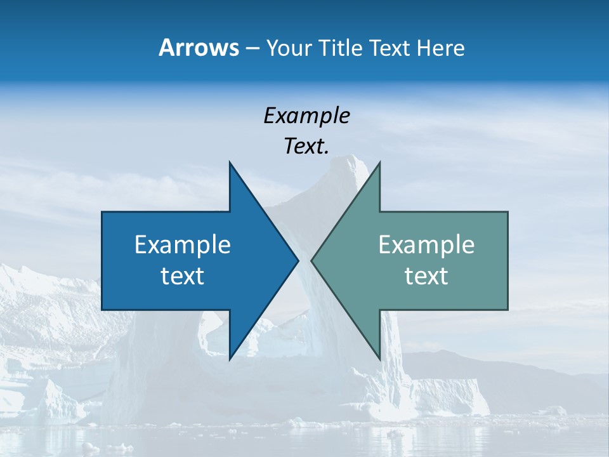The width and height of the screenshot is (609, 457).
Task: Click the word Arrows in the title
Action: click(x=199, y=48)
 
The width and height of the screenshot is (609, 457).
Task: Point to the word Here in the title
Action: click(x=440, y=48)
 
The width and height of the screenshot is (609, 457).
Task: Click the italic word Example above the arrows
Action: click(x=306, y=116)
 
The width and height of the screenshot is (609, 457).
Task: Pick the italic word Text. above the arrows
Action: click(x=306, y=147)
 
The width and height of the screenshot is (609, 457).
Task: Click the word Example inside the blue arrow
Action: click(x=183, y=245)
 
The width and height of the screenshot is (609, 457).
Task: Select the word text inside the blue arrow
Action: click(x=183, y=276)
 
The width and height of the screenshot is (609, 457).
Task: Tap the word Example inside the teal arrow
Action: click(x=426, y=245)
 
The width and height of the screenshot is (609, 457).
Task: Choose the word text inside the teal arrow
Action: click(x=426, y=276)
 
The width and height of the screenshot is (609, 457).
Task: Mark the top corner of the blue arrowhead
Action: click(x=230, y=163)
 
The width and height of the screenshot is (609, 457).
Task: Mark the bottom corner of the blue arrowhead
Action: click(x=230, y=359)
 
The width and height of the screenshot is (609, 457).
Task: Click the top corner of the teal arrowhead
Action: click(x=379, y=163)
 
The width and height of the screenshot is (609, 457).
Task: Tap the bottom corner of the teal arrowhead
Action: click(x=379, y=359)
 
